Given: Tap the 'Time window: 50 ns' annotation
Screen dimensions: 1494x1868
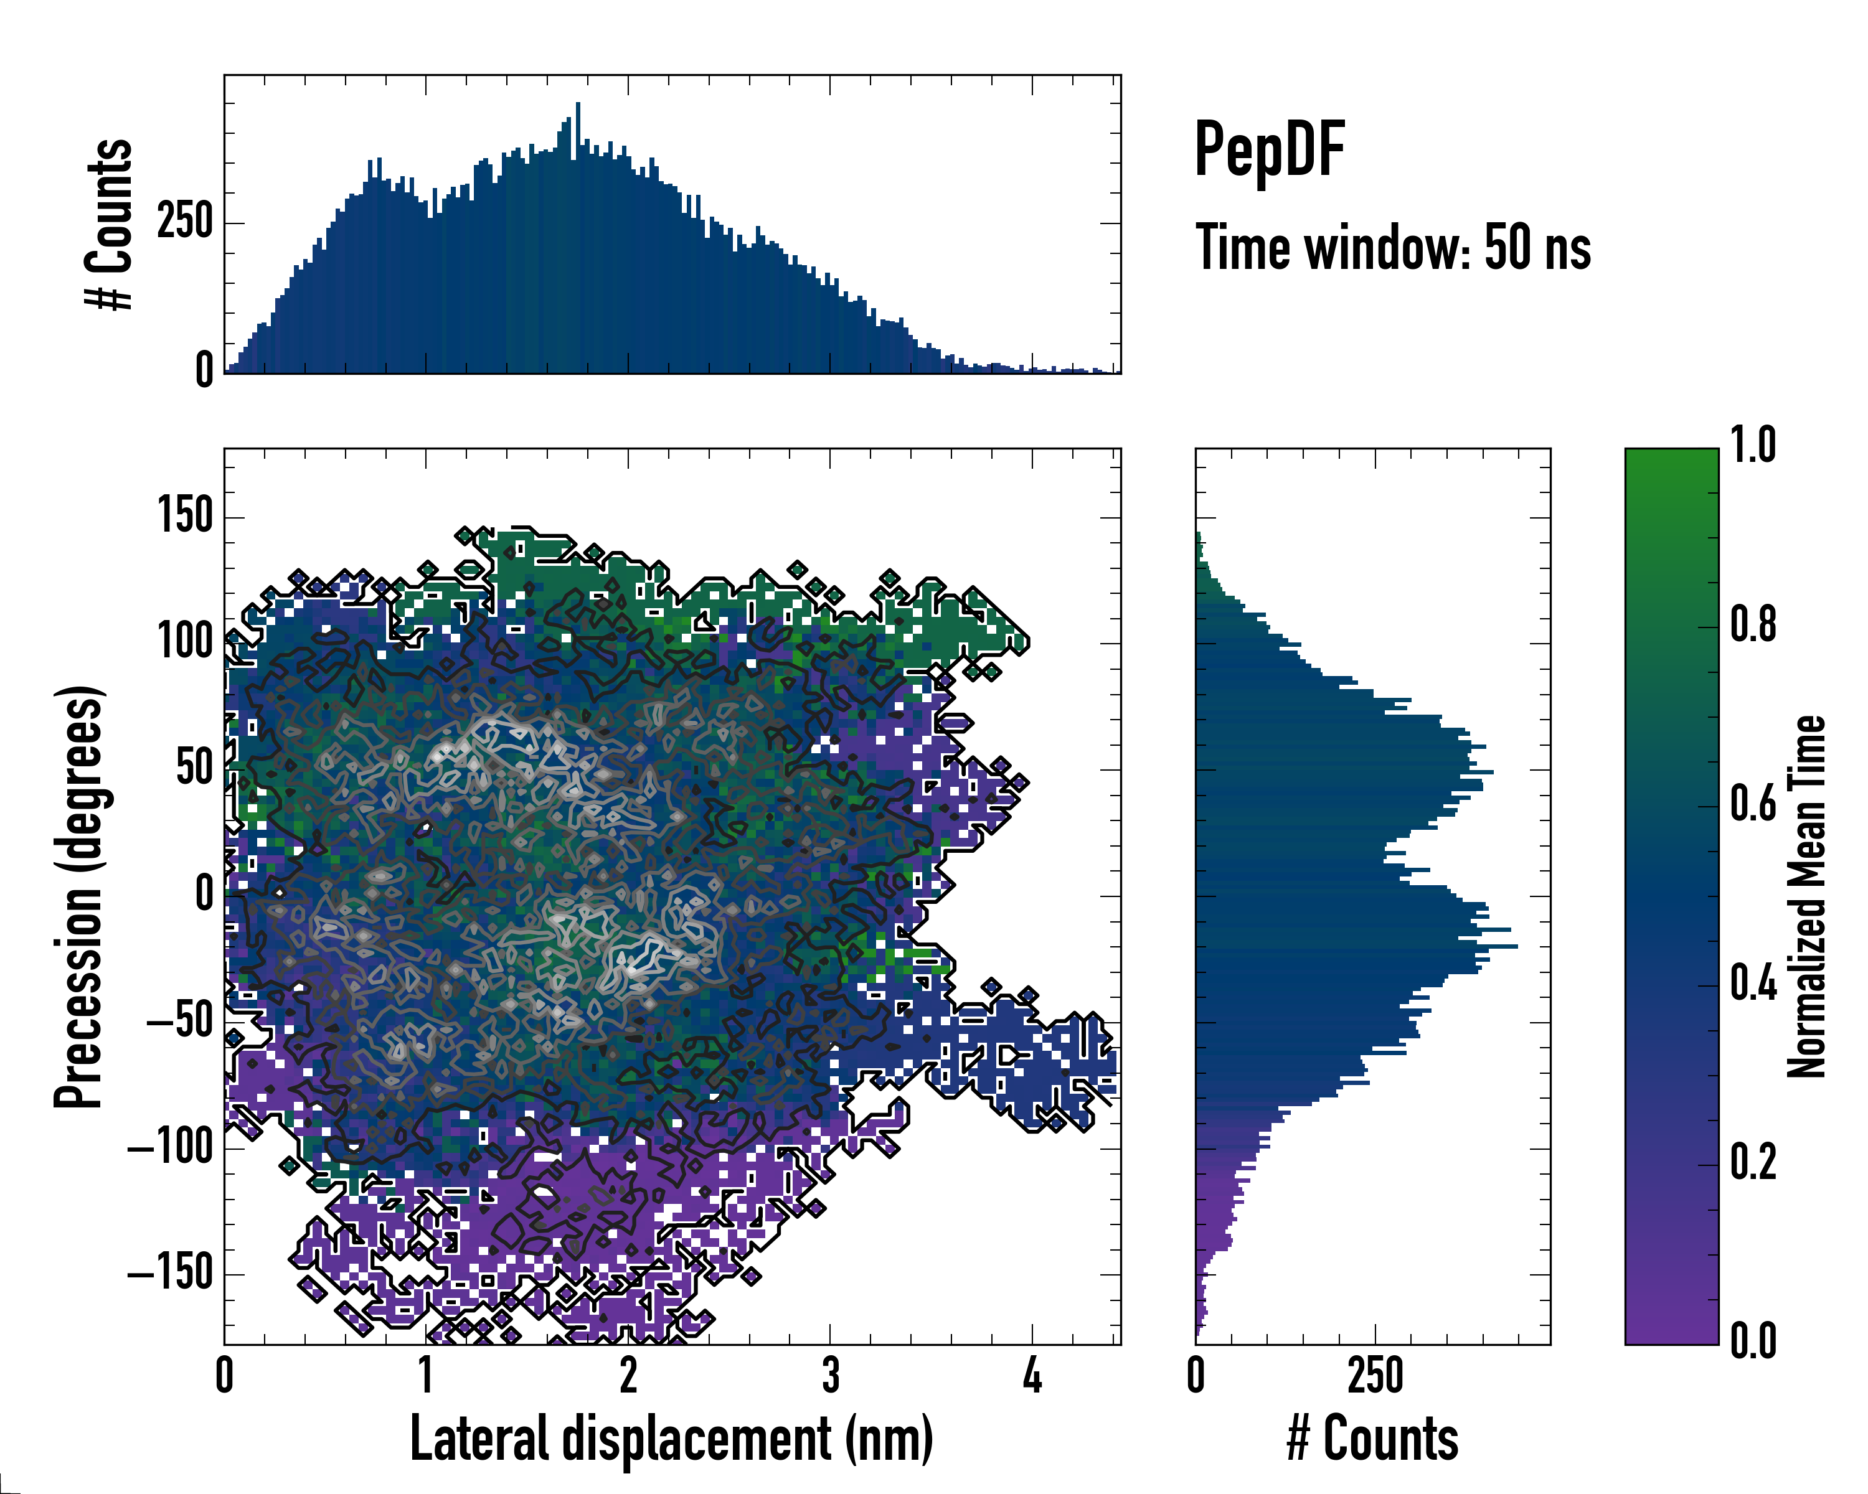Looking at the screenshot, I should (1392, 248).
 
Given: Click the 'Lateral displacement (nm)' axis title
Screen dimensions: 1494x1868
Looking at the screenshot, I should (671, 1439).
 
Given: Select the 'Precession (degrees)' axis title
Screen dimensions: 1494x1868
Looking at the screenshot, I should (80, 896).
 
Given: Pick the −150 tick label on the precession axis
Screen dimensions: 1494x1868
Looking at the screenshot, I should (171, 1274).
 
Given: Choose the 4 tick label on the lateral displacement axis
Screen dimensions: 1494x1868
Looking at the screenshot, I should (1032, 1375).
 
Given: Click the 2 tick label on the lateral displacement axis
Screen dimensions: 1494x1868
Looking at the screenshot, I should (628, 1375).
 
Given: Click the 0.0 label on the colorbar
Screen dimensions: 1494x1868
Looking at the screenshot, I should (1753, 1341).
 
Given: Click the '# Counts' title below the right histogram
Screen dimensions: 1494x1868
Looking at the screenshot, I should (1372, 1439).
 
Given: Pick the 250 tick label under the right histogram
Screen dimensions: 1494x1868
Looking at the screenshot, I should (1375, 1375).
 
